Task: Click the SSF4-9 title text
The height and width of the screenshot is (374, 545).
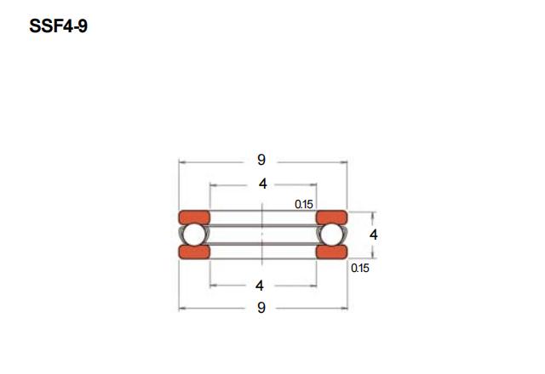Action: (x=59, y=25)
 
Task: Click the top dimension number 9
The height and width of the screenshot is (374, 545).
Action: (x=261, y=160)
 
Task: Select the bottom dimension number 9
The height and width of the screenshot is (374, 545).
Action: (x=261, y=308)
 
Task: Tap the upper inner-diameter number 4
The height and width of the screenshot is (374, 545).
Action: (x=263, y=184)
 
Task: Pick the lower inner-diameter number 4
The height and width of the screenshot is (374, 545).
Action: (x=259, y=286)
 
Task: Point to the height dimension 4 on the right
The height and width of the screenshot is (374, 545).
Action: (x=373, y=235)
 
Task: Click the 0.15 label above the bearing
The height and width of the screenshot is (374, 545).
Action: (x=304, y=204)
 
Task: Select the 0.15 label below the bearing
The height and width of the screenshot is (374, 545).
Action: (x=360, y=269)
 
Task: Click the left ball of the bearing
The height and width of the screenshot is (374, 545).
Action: (x=193, y=235)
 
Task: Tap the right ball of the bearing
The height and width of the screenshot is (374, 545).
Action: (x=331, y=235)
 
